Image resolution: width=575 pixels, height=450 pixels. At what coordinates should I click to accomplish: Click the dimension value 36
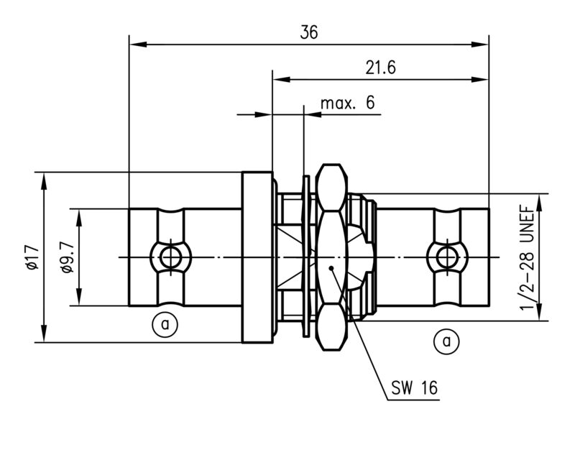tap(309, 32)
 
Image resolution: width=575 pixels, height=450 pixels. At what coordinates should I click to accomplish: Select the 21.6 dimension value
tap(380, 68)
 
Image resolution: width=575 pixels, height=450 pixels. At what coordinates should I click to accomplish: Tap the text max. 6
tap(347, 104)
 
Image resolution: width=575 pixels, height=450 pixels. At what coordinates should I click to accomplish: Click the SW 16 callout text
tap(414, 389)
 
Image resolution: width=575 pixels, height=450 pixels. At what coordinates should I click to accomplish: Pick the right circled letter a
tap(446, 341)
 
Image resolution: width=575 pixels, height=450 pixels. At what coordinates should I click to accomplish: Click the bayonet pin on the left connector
tap(170, 257)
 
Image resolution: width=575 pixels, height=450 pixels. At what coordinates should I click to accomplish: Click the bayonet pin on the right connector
tap(446, 257)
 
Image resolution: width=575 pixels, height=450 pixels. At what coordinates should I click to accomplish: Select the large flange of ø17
tap(257, 257)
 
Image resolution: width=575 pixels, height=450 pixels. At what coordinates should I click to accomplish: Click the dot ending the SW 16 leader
tap(331, 269)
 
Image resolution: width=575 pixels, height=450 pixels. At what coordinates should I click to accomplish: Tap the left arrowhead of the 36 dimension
tap(134, 45)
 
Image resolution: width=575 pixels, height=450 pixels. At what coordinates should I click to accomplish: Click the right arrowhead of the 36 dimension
tap(484, 45)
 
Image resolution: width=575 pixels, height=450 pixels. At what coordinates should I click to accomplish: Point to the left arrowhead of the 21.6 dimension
tap(277, 80)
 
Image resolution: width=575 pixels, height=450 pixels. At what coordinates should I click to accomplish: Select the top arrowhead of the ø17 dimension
tap(45, 178)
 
